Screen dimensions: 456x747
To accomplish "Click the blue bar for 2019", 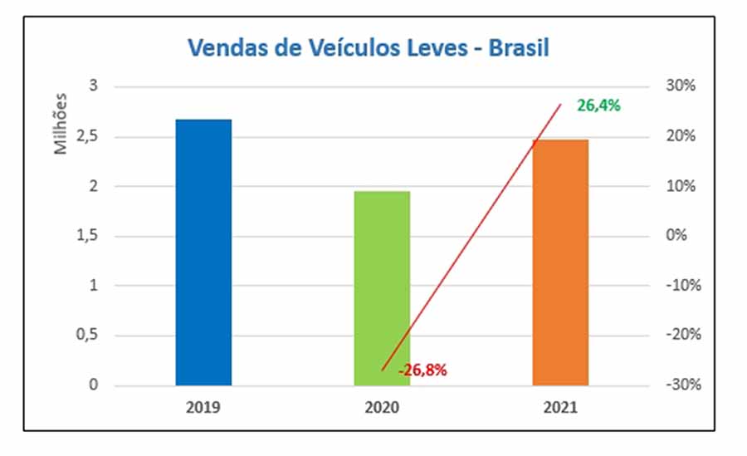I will click(203, 253).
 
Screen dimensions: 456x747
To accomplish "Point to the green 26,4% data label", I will click(598, 105).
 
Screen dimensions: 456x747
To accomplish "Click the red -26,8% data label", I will click(422, 370).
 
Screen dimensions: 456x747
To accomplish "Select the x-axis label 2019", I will click(203, 409).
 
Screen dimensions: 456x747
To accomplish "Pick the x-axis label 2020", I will click(382, 409).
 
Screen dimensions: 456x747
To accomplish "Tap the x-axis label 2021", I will click(560, 409).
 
